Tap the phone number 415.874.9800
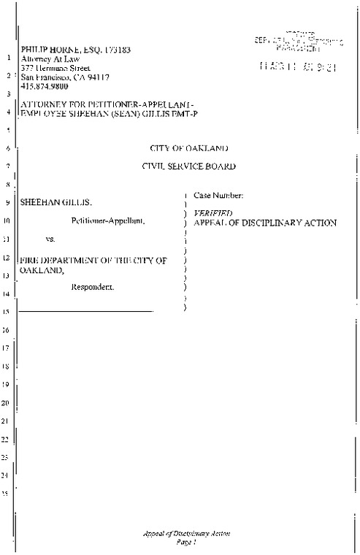point(45,85)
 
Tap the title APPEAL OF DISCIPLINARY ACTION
point(264,222)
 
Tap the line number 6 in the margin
point(6,149)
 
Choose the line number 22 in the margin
point(6,440)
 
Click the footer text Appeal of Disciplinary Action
point(187,534)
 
